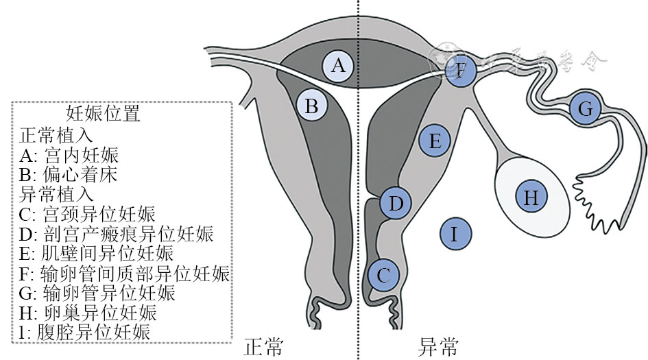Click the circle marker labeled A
point(338,66)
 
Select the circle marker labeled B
point(311,106)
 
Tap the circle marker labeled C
point(383,276)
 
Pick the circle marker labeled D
point(396,203)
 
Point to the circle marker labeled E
point(435,141)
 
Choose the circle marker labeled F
point(461,70)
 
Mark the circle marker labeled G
point(585,108)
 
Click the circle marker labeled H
point(531,197)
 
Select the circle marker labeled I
point(453,235)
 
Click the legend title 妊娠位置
point(103,113)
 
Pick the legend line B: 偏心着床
point(69,174)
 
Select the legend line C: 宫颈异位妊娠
point(88,214)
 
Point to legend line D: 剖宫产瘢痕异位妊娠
point(117,234)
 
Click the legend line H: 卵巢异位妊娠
point(89,313)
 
